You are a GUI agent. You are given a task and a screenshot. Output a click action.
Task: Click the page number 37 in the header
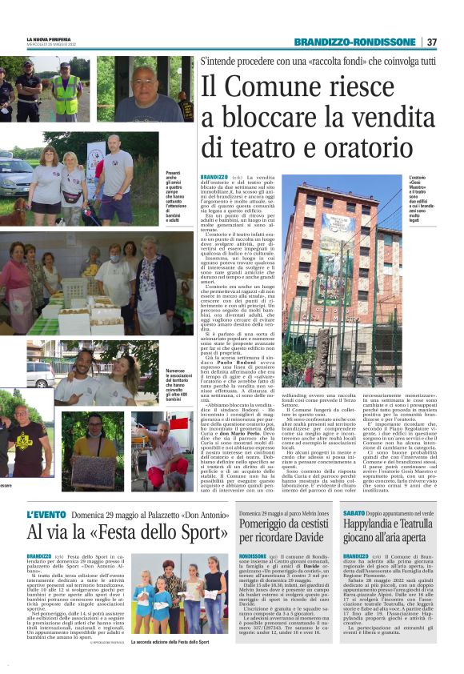(431, 42)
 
